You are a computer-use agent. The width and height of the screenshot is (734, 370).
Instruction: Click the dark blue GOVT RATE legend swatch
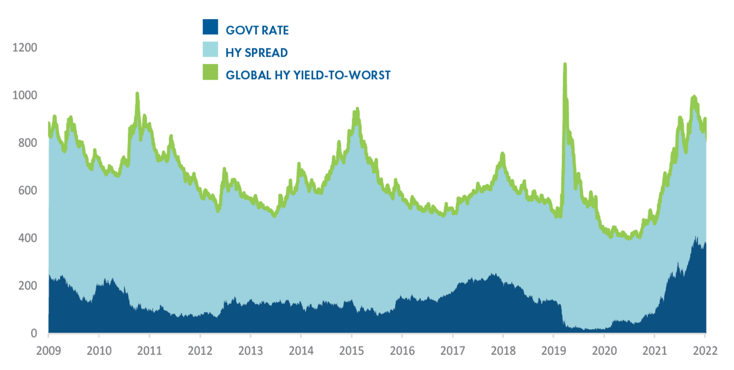pyautogui.click(x=210, y=27)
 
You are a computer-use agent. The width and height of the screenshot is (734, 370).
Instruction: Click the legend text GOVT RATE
pyautogui.click(x=257, y=30)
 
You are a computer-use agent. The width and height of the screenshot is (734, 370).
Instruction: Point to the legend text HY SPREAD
pyautogui.click(x=256, y=53)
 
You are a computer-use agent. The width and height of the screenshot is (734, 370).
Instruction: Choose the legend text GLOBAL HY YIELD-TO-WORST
pyautogui.click(x=308, y=75)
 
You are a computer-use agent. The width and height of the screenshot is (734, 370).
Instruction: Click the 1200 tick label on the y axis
pyautogui.click(x=24, y=48)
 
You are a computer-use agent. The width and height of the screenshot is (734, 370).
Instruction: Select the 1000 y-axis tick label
pyautogui.click(x=24, y=95)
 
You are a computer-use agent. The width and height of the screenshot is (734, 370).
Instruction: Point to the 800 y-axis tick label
pyautogui.click(x=27, y=143)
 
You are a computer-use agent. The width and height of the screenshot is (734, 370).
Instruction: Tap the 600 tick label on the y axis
pyautogui.click(x=27, y=190)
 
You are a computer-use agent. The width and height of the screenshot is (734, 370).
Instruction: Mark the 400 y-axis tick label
pyautogui.click(x=27, y=238)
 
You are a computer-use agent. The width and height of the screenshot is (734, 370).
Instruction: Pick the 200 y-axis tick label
pyautogui.click(x=27, y=286)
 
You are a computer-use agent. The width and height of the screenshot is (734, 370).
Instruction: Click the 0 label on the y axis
pyautogui.click(x=34, y=333)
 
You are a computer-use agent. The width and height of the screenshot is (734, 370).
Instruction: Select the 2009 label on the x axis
pyautogui.click(x=48, y=351)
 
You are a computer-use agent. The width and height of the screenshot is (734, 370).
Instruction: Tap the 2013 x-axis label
pyautogui.click(x=250, y=351)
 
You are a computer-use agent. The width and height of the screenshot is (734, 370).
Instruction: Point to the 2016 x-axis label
pyautogui.click(x=401, y=351)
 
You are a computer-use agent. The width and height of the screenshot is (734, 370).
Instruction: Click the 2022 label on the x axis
pyautogui.click(x=705, y=351)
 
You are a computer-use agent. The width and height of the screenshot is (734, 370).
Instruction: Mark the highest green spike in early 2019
pyautogui.click(x=565, y=65)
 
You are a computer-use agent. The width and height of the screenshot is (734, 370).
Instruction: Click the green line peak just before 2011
pyautogui.click(x=138, y=93)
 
